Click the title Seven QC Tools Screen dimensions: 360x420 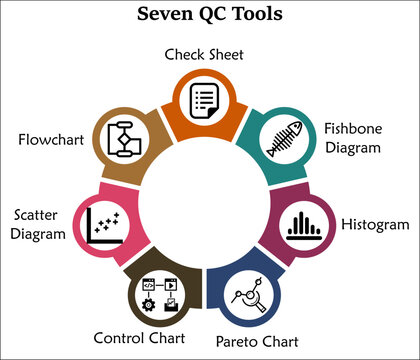pyautogui.click(x=210, y=14)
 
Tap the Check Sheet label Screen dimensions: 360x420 pyautogui.click(x=204, y=53)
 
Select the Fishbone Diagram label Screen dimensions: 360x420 pyautogui.click(x=353, y=138)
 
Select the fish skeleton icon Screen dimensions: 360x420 pyautogui.click(x=283, y=140)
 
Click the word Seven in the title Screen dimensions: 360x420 pyautogui.click(x=159, y=14)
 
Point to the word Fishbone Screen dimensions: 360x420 pyautogui.click(x=353, y=129)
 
